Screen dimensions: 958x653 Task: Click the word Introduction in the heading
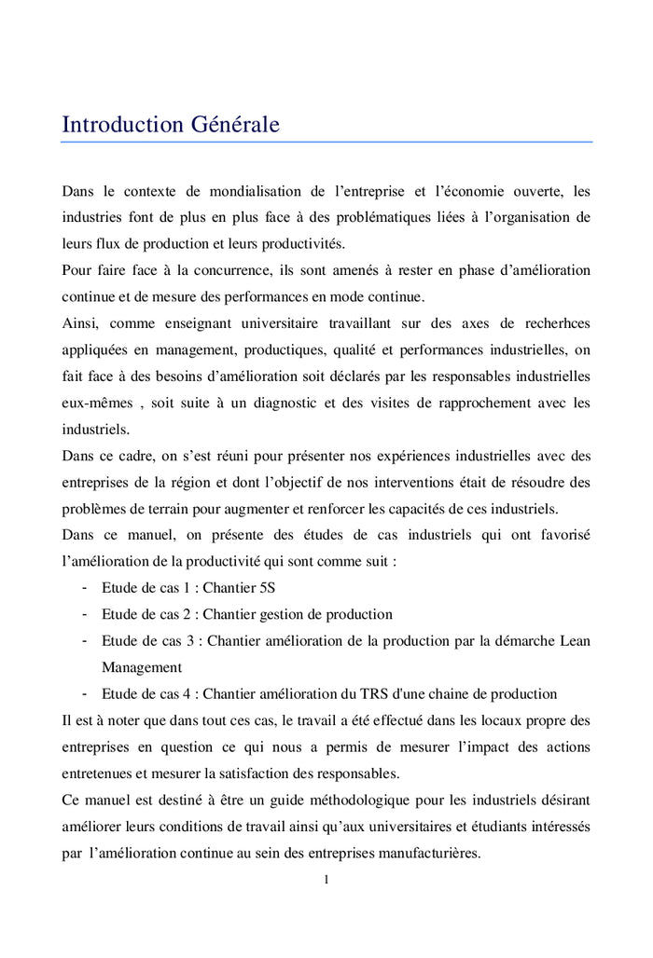coord(121,124)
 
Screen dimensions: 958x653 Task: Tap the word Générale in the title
coord(235,124)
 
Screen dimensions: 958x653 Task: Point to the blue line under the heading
coord(326,143)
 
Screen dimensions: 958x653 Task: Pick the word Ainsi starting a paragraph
coord(80,323)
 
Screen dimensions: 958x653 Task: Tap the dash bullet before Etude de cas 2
coord(84,614)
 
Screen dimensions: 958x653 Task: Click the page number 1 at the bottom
coord(326,879)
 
